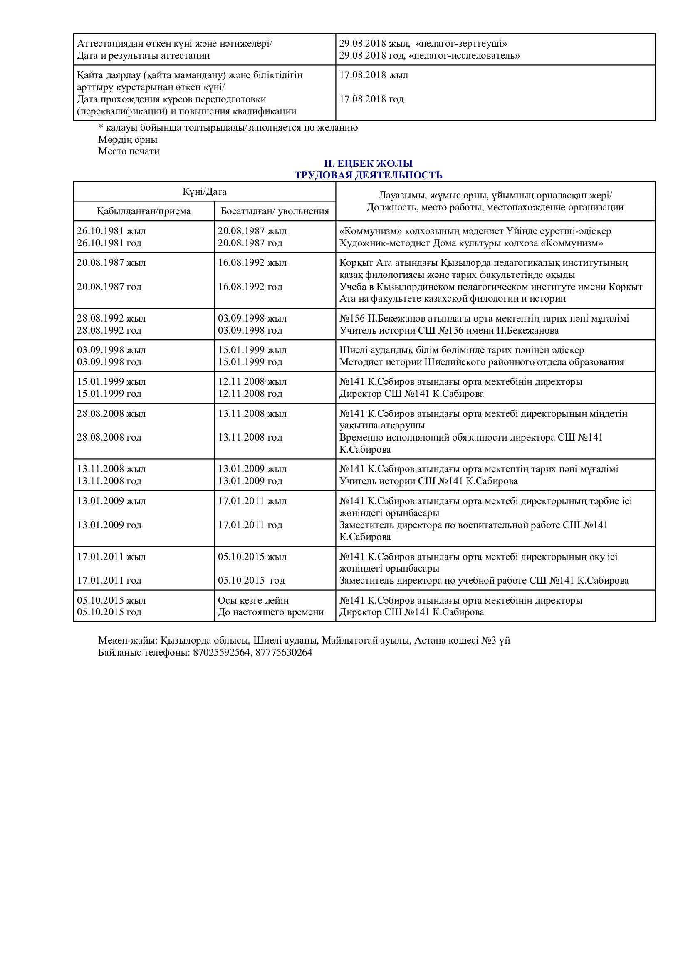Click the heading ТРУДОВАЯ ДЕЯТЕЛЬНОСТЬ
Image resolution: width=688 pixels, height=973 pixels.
coord(368,175)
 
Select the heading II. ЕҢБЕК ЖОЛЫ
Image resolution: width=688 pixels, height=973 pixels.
coord(368,163)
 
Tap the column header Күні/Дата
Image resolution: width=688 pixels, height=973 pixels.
coord(205,191)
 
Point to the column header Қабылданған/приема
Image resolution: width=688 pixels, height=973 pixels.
coord(144,211)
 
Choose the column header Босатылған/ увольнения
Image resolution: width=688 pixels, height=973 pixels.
coord(275,211)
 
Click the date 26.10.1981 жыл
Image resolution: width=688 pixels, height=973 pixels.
coord(111,231)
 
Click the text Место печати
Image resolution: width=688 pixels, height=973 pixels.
coord(129,151)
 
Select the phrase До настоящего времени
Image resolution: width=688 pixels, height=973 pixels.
coord(271,612)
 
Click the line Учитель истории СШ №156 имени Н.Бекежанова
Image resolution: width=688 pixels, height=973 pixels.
coord(449,330)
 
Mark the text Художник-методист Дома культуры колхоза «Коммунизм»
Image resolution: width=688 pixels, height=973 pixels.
coord(471,243)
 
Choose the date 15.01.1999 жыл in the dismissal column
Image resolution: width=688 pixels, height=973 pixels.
coord(252,350)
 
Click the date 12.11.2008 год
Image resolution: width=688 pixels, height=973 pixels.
coord(250,393)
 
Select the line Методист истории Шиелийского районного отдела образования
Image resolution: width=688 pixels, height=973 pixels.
coord(481,362)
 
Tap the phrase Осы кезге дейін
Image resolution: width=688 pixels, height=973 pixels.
coord(253,600)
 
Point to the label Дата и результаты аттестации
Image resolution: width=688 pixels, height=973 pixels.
coord(143,55)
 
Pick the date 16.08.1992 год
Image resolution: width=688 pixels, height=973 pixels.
coord(250,287)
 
